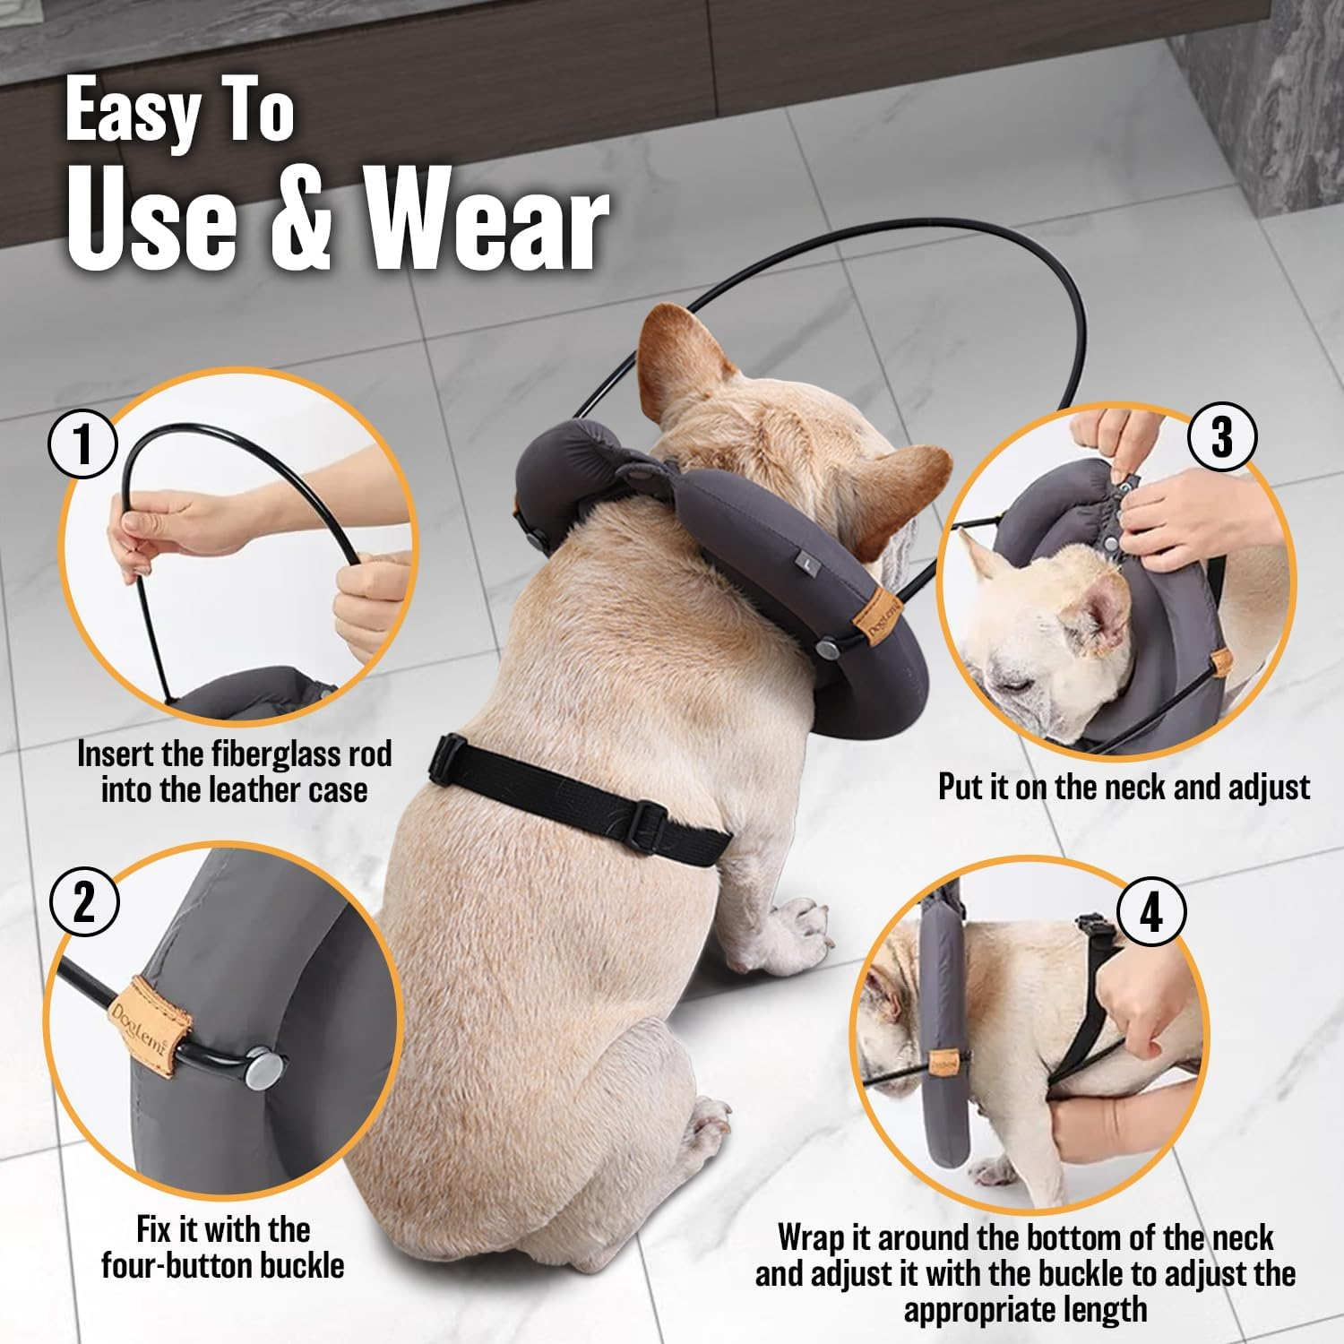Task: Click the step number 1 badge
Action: (83, 444)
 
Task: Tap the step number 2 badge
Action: (83, 901)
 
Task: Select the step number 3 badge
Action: (1222, 437)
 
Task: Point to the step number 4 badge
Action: (1151, 912)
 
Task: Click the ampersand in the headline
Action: (301, 220)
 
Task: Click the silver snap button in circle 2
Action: (263, 1070)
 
